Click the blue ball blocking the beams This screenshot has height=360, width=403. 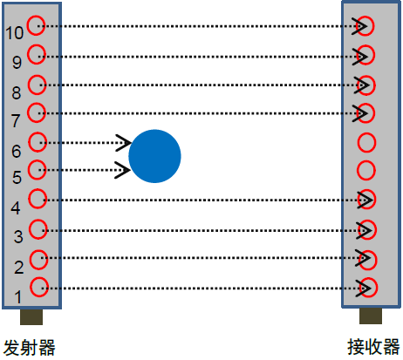(x=154, y=156)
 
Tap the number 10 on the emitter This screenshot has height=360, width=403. (x=14, y=33)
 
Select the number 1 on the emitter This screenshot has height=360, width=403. (x=18, y=297)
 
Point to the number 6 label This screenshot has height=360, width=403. (x=17, y=151)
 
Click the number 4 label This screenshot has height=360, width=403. (x=16, y=208)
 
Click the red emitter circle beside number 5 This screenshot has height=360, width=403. (x=28, y=170)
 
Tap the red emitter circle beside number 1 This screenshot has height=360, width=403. (x=31, y=287)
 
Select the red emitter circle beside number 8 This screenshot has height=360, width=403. (x=28, y=85)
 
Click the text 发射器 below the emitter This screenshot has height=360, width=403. (x=29, y=348)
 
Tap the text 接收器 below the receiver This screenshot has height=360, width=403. (x=373, y=347)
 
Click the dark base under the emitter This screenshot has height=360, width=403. (x=31, y=316)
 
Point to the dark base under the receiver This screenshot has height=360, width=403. (x=371, y=316)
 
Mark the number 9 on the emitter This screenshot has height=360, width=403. (x=17, y=63)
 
